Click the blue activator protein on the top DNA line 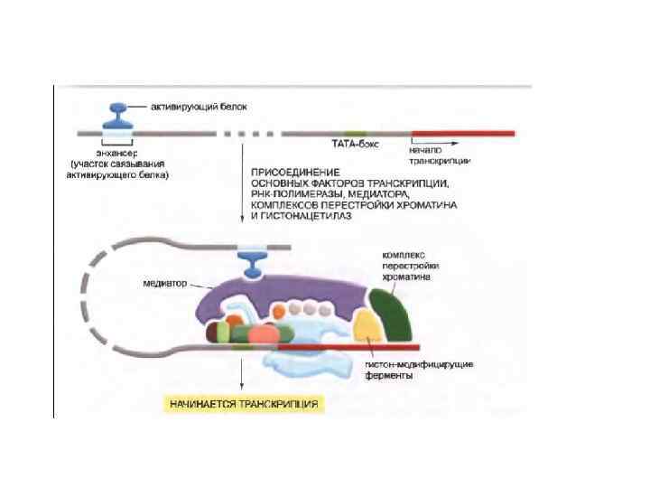118,116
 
